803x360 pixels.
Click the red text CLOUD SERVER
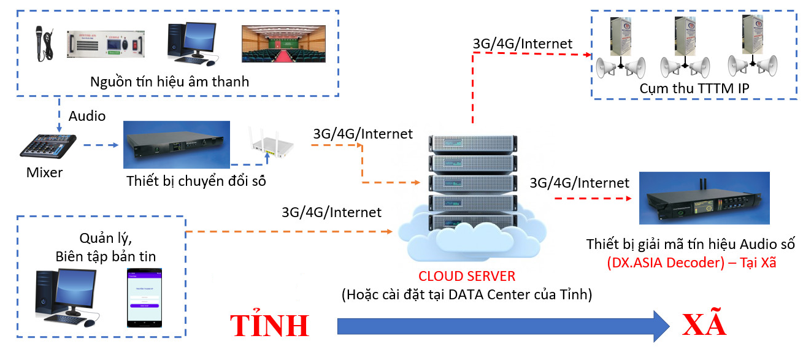point(466,276)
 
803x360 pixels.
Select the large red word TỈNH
point(269,325)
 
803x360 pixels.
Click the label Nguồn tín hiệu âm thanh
point(170,82)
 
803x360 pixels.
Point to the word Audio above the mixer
point(86,116)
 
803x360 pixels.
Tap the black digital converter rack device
point(176,145)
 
